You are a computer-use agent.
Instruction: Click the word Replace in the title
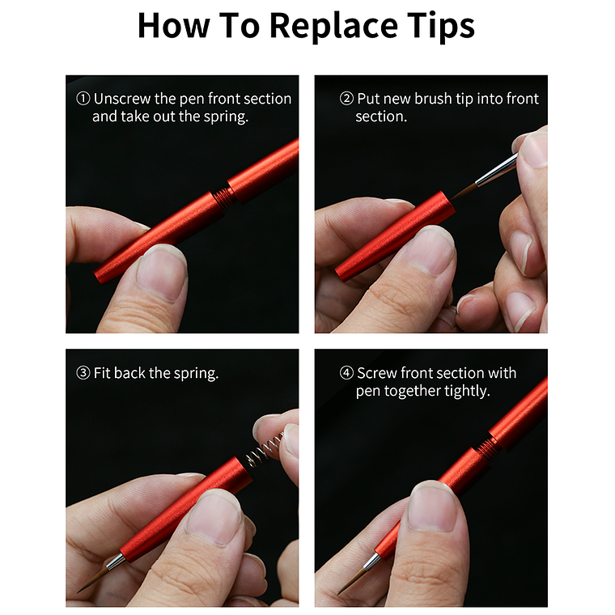(x=333, y=26)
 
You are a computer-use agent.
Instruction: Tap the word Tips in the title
(x=440, y=26)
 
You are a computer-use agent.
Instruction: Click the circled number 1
(x=83, y=99)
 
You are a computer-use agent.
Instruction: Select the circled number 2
(x=346, y=99)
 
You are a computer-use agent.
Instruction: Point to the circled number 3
(x=83, y=372)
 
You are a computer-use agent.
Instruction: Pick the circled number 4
(x=346, y=372)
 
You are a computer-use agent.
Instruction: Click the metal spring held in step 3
(x=264, y=449)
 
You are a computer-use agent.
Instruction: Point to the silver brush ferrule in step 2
(x=496, y=169)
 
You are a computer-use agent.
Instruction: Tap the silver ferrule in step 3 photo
(x=116, y=562)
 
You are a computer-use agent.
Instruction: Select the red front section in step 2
(x=395, y=236)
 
